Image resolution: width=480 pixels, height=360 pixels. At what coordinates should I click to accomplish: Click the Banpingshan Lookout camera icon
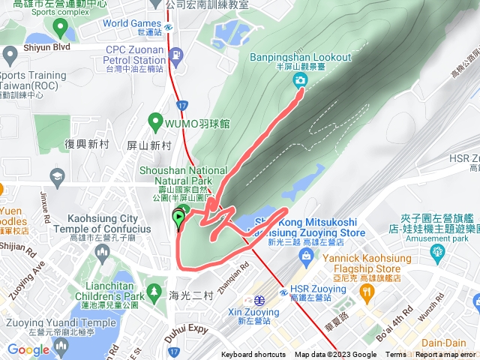click(300, 80)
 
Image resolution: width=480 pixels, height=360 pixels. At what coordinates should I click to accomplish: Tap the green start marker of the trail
click(179, 219)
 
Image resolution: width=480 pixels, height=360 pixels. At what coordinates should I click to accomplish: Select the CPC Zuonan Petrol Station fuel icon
click(175, 55)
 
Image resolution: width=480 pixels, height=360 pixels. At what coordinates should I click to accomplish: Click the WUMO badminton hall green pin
click(155, 120)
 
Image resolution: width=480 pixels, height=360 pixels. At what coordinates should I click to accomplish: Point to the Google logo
click(28, 349)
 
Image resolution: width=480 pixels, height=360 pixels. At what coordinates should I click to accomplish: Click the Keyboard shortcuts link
click(253, 355)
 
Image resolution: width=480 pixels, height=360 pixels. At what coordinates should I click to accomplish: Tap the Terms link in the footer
click(396, 355)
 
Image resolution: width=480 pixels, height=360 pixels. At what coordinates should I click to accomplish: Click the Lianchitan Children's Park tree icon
click(154, 290)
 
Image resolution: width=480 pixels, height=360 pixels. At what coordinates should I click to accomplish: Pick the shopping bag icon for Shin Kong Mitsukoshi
click(305, 256)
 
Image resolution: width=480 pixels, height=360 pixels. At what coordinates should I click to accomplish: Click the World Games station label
click(132, 27)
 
